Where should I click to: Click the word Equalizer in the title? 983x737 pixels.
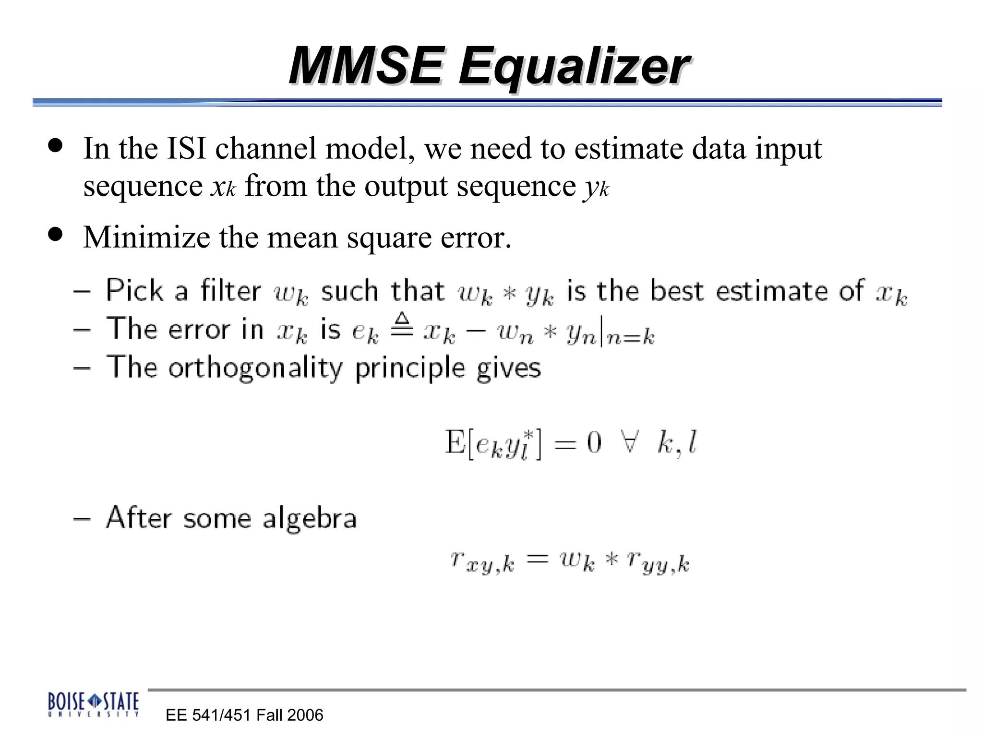click(574, 67)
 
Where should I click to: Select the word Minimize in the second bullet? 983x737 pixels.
click(146, 237)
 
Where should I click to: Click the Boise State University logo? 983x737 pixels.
click(94, 704)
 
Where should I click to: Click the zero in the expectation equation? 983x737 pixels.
click(594, 442)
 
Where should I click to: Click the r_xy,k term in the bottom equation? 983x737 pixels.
click(482, 562)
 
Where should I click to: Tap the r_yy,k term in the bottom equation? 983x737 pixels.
click(658, 562)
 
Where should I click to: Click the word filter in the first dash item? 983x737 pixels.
click(230, 291)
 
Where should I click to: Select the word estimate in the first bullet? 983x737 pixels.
click(628, 148)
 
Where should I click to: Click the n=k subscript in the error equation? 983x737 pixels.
click(630, 337)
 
